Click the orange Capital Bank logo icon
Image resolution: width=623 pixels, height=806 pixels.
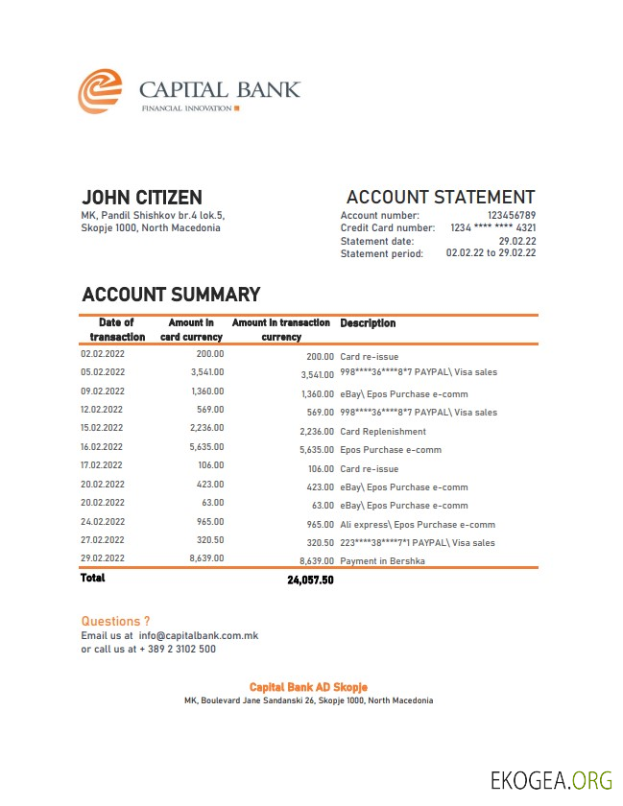pos(100,92)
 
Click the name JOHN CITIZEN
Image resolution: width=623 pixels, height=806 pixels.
pos(142,198)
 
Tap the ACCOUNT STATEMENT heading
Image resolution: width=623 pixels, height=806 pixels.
pos(441,198)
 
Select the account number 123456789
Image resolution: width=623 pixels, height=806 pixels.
pos(512,216)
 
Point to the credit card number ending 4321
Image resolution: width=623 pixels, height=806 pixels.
pos(493,228)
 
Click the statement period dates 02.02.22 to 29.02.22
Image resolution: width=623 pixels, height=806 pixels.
pos(491,253)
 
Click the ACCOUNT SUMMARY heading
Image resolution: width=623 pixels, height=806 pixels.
pos(171,295)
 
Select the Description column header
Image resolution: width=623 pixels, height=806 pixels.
pos(368,323)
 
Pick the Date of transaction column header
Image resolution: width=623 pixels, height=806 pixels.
pos(117,329)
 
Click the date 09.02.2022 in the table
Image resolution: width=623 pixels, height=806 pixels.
pos(103,391)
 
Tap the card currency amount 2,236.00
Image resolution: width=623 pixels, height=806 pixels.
pos(207,428)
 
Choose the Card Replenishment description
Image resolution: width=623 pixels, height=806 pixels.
pos(383,432)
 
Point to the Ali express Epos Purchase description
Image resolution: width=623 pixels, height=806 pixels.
pos(418,525)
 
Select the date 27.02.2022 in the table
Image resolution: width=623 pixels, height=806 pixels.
pos(103,539)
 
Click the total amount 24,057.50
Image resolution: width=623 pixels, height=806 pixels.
pos(310,581)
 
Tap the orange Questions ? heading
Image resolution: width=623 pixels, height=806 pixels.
pos(115,622)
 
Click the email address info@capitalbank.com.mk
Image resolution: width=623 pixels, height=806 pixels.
pos(199,635)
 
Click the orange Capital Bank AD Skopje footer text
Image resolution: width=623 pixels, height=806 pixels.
pos(308,687)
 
